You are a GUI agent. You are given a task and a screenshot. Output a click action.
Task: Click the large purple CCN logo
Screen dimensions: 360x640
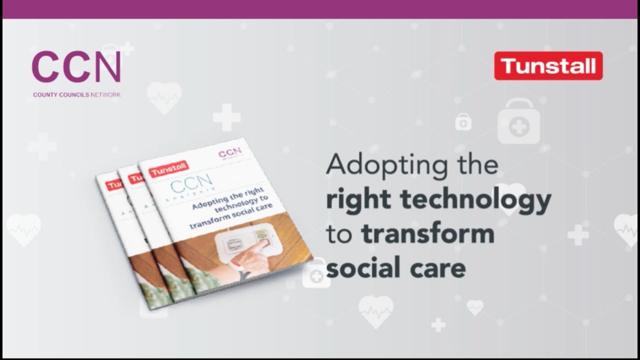tap(76, 67)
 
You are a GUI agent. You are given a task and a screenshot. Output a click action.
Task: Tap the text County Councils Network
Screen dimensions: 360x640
tap(76, 94)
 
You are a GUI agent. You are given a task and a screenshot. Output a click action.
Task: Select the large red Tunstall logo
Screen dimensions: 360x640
tap(548, 66)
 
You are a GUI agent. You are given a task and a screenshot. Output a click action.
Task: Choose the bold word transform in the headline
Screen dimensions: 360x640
tap(427, 233)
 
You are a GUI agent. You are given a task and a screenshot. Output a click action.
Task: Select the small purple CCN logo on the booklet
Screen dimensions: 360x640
tap(230, 151)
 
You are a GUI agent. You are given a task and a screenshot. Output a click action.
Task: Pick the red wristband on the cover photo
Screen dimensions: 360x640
tap(237, 265)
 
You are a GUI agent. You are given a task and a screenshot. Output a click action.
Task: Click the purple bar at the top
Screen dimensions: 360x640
tap(320, 9)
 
